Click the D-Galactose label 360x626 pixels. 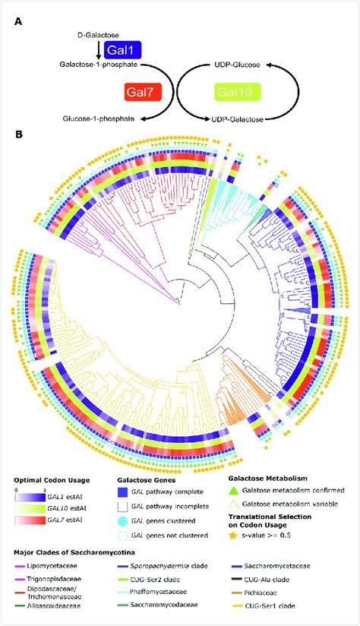click(96, 35)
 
